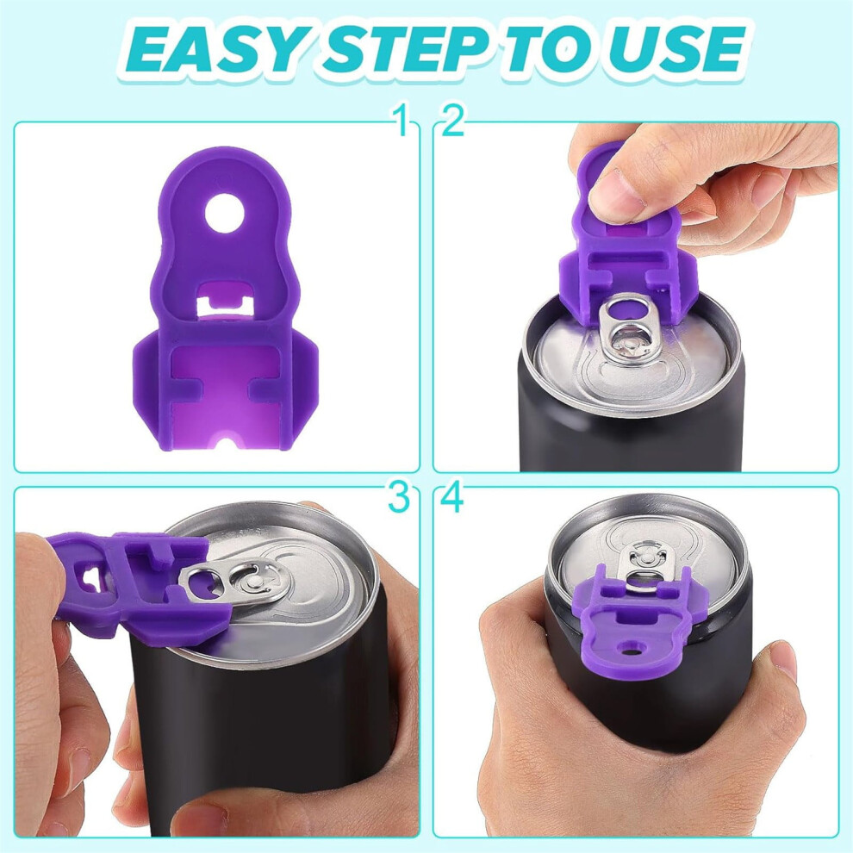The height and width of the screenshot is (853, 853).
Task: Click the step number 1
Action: click(402, 121)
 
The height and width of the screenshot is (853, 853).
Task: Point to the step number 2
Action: click(452, 121)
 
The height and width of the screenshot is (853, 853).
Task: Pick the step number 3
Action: click(399, 497)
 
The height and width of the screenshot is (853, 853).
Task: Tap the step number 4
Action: click(452, 497)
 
